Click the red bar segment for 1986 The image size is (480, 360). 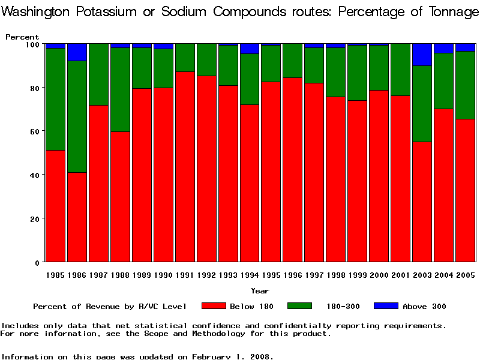tap(77, 217)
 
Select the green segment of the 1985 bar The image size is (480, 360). tap(55, 99)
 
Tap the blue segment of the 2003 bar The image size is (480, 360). tap(422, 55)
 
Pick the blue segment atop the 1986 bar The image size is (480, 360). tap(77, 52)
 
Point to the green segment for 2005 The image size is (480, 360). tap(466, 85)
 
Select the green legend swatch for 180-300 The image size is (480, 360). tap(300, 306)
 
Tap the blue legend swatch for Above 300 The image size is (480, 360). tap(386, 306)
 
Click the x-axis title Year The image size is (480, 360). tap(260, 291)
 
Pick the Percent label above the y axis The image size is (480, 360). tap(22, 37)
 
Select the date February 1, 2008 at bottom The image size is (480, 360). tap(232, 356)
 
